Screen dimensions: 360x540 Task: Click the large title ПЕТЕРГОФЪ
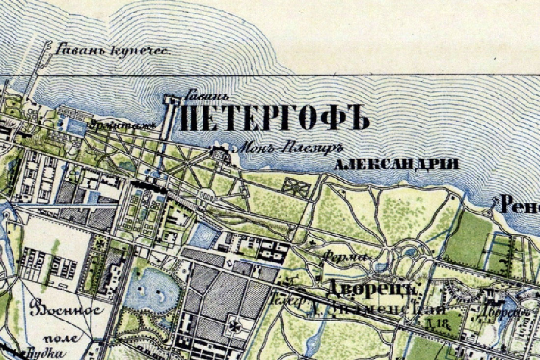pyautogui.click(x=275, y=118)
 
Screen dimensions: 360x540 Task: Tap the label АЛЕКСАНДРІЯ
pyautogui.click(x=396, y=164)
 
